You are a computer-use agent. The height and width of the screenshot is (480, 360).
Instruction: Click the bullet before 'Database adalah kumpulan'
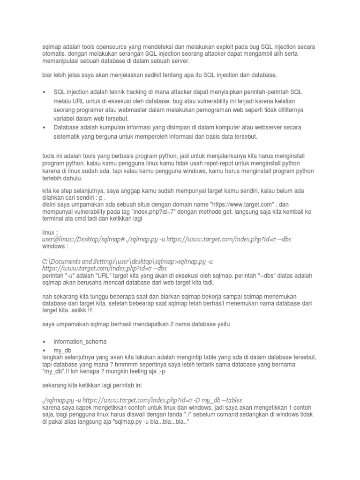pos(44,127)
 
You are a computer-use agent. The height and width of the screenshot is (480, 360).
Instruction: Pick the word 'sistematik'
pos(68,136)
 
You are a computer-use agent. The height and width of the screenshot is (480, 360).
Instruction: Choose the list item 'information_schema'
pos(80,341)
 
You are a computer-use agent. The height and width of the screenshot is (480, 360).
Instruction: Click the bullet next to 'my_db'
pos(44,350)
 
